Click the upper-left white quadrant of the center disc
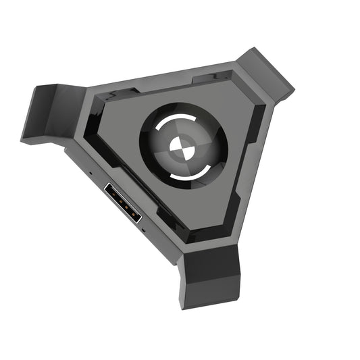pos(174,140)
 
